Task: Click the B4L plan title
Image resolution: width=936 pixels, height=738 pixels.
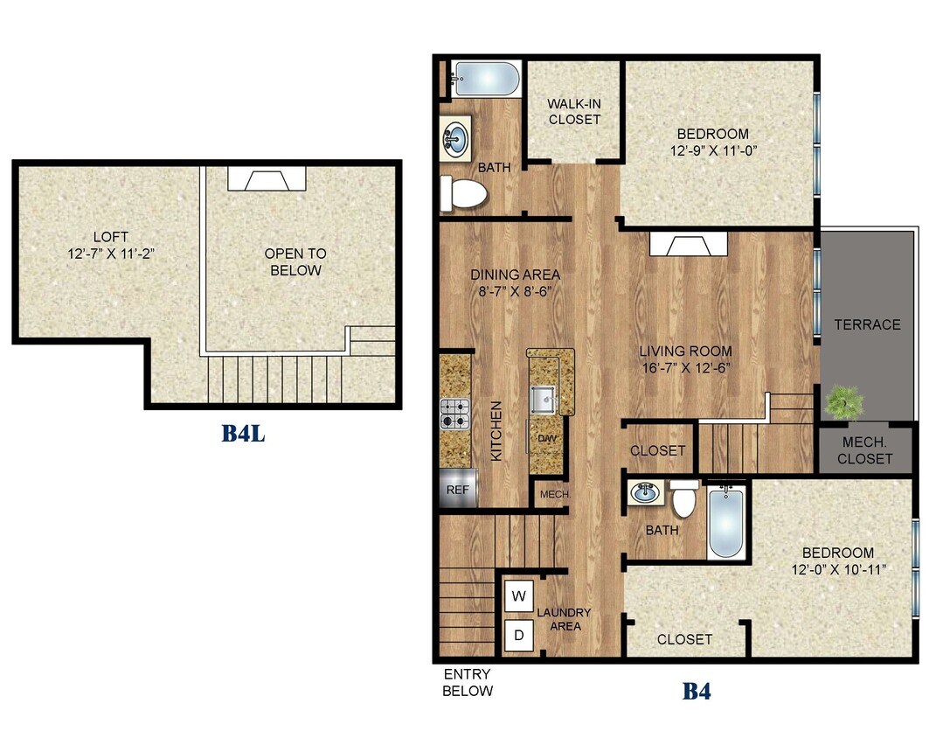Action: pos(242,433)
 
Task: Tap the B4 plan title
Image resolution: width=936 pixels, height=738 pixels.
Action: pos(696,692)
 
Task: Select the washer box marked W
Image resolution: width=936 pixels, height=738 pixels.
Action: pos(518,597)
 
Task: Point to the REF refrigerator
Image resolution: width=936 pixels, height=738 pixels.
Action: pos(458,491)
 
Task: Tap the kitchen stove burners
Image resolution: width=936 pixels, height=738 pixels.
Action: pos(455,414)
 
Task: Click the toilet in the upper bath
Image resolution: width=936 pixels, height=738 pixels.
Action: pos(462,193)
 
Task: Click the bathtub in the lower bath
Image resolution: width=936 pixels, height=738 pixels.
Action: pos(725,524)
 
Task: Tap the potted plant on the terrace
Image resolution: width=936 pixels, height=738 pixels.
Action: pos(843,402)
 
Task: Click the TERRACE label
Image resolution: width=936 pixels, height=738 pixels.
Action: pos(866,324)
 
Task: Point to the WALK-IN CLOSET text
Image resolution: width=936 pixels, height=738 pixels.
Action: pos(574,111)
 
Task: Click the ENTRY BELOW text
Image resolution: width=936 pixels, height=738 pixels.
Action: pos(468,682)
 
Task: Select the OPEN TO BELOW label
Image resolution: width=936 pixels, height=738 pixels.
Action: pos(295,262)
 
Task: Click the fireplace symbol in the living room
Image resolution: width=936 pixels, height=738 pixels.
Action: pos(689,245)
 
